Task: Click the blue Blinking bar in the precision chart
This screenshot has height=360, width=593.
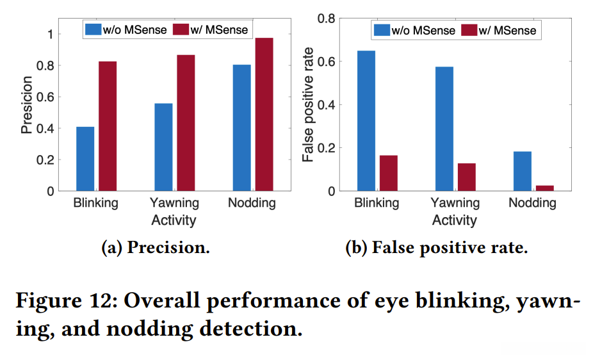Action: tap(85, 159)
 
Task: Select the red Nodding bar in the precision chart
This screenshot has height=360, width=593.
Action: tap(264, 115)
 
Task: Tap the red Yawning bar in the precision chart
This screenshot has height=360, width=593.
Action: tap(186, 123)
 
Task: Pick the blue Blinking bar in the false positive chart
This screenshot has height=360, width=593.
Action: tap(366, 121)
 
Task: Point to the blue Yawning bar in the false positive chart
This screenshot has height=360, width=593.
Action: tap(444, 129)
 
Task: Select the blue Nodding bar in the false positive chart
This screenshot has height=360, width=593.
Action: tap(522, 171)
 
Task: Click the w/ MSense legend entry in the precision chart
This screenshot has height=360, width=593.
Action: tap(211, 29)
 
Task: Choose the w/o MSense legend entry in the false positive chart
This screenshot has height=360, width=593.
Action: tap(414, 30)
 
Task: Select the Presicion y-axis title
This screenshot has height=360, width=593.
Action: tap(26, 105)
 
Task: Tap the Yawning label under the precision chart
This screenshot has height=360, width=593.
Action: tap(174, 203)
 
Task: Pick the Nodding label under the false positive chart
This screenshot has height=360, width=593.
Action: tap(532, 203)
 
